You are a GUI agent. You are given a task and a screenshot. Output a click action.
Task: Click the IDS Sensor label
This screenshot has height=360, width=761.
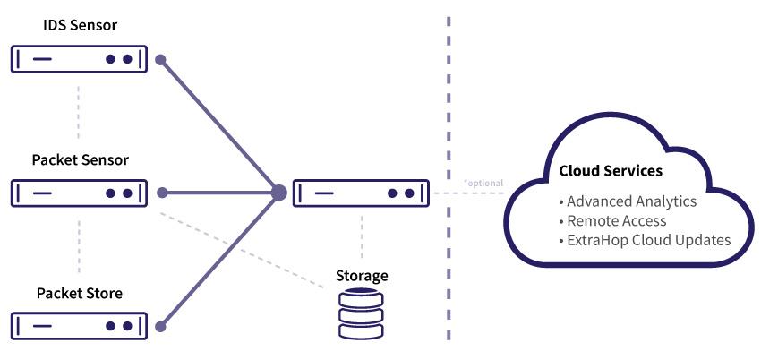tap(80, 26)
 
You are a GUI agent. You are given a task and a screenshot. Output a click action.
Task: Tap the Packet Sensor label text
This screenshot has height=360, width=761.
tap(80, 160)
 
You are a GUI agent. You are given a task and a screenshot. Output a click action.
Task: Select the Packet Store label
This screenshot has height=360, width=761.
tap(80, 293)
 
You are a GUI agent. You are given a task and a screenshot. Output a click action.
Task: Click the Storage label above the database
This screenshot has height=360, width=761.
tap(362, 275)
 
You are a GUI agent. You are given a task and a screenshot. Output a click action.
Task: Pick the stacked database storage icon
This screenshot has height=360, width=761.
tap(362, 315)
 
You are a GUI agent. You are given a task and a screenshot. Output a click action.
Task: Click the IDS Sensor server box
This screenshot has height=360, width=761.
tap(80, 59)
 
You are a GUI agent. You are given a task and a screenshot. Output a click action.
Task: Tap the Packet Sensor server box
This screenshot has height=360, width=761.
tap(80, 193)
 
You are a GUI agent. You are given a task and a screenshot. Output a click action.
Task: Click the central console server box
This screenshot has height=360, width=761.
tap(362, 193)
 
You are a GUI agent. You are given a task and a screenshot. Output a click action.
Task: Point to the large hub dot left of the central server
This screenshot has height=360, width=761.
tap(278, 193)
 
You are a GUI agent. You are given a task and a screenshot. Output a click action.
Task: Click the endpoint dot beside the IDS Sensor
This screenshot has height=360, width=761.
tap(161, 60)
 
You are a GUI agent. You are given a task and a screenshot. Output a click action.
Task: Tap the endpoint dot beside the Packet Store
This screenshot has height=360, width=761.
tap(161, 327)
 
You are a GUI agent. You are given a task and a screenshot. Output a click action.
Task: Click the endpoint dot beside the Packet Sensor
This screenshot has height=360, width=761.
tap(161, 193)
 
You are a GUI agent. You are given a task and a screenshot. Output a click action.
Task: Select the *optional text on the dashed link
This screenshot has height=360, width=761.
tap(483, 184)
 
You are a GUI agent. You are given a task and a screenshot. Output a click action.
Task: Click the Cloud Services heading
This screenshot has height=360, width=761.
tap(611, 170)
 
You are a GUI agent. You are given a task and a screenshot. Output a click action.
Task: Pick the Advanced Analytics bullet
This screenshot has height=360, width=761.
tap(630, 201)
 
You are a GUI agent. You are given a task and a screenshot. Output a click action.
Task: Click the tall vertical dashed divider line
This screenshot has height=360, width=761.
tap(449, 107)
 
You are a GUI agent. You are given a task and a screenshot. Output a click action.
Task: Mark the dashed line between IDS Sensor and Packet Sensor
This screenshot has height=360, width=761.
tap(80, 112)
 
